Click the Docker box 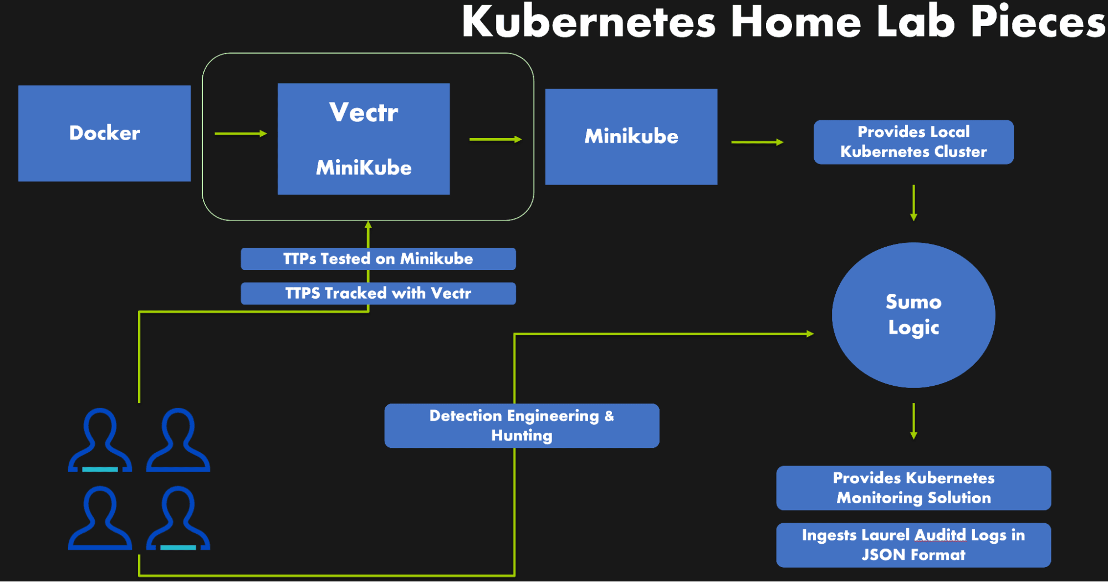tap(104, 133)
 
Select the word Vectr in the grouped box tap(364, 113)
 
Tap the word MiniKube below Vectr tap(364, 167)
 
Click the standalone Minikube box tap(631, 136)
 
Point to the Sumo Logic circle tap(913, 315)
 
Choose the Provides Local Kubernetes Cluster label tap(913, 142)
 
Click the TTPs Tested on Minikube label tap(378, 259)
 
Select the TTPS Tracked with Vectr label tap(378, 293)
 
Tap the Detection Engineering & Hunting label tap(521, 426)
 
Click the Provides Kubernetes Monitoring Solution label tap(913, 488)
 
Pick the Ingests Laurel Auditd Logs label tap(913, 545)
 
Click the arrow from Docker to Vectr tap(241, 134)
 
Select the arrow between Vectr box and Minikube tap(495, 139)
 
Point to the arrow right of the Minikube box tap(757, 142)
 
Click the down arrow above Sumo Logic tap(913, 203)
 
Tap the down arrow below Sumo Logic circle tap(913, 421)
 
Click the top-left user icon tap(100, 440)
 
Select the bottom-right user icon tap(178, 518)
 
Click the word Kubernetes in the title tap(589, 22)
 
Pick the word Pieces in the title tap(1038, 22)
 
